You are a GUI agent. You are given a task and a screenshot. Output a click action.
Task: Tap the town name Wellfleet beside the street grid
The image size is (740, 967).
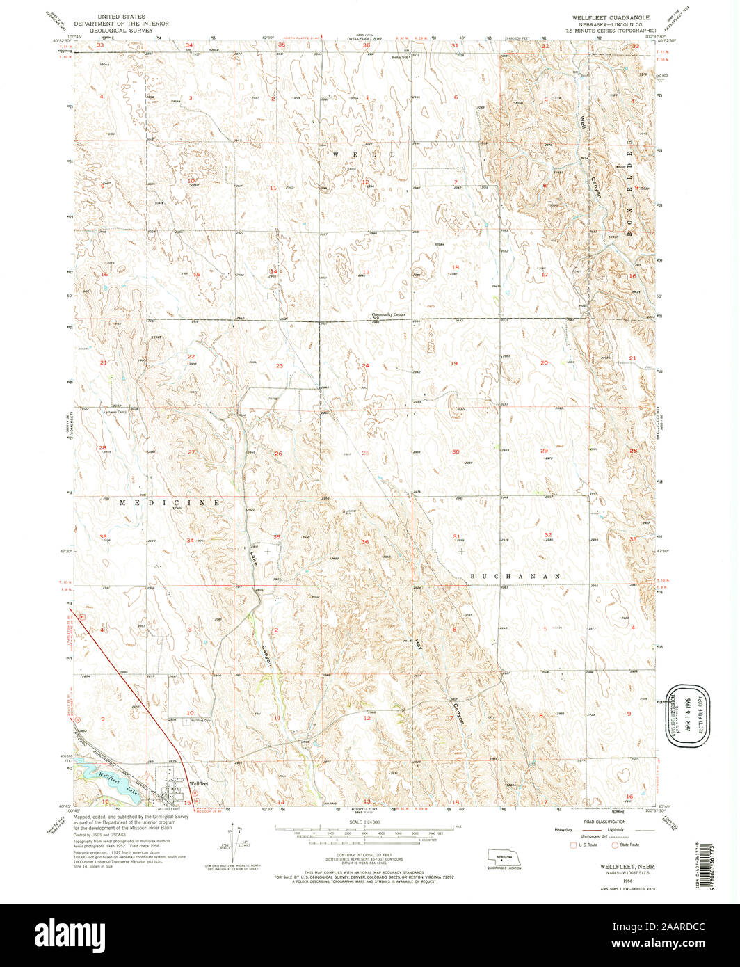pos(199,783)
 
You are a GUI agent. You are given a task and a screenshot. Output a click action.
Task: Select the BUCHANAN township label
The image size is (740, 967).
pos(515,576)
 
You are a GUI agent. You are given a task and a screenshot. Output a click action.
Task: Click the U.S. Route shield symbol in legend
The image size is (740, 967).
pos(573,845)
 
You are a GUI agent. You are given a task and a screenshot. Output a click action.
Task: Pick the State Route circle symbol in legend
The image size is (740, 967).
pos(614,845)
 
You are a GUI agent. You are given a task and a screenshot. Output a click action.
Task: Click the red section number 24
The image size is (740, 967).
pos(364,365)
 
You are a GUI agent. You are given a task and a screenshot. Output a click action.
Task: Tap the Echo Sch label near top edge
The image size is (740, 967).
pos(399,58)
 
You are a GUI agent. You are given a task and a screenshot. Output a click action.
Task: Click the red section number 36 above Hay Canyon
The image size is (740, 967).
pos(364,541)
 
